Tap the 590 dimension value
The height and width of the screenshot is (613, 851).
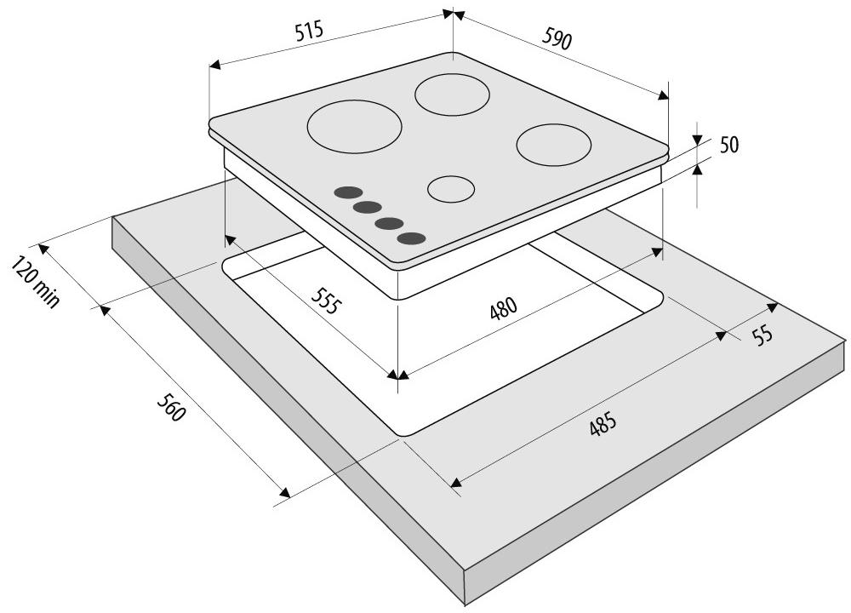point(557,38)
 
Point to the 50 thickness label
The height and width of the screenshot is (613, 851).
point(729,145)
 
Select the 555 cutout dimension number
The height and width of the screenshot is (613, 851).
point(327,300)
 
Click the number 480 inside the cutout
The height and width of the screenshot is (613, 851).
point(503,309)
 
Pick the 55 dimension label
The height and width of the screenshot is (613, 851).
point(762,335)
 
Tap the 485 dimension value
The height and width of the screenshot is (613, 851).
point(603,424)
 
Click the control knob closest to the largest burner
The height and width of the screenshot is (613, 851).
point(348,192)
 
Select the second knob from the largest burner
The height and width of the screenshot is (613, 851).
point(368,207)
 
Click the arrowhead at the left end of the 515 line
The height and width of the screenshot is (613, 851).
point(215,65)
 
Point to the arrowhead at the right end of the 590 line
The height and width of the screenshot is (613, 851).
point(663,95)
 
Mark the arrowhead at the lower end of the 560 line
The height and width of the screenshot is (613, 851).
point(284,492)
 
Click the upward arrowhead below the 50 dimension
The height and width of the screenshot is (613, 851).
point(698,169)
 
